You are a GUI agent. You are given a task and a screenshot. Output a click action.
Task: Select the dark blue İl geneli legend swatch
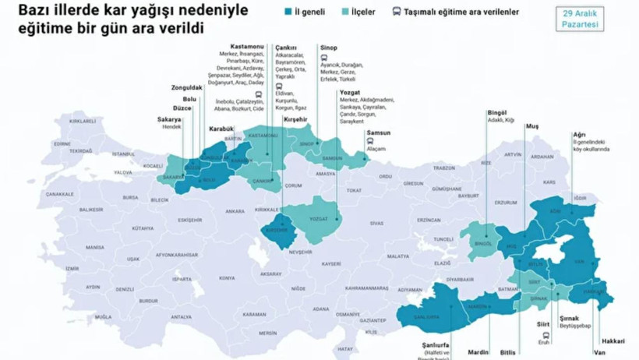[x=288, y=12]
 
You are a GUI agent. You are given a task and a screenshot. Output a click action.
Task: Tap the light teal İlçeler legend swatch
[x=345, y=12]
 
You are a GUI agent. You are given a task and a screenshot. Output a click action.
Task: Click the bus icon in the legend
[x=397, y=12]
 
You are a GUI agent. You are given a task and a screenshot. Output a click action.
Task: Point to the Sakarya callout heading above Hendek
[x=169, y=119]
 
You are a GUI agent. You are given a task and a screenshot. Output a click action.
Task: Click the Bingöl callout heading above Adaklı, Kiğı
[x=496, y=113]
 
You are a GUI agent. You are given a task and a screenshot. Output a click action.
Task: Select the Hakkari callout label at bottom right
[x=613, y=341]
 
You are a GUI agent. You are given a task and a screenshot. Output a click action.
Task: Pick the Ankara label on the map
[x=235, y=211]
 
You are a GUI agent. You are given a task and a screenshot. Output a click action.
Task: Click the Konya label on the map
[x=227, y=277]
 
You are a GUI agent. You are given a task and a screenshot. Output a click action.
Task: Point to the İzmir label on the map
[x=72, y=268]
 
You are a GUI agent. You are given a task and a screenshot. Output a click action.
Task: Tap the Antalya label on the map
[x=181, y=316]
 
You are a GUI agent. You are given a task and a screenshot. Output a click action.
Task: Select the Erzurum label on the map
[x=506, y=203]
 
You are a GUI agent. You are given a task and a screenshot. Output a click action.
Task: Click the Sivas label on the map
[x=377, y=223]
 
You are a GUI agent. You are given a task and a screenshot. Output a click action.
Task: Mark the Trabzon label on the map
[x=443, y=167]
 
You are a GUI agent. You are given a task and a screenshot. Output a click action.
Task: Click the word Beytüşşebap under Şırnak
[x=576, y=326]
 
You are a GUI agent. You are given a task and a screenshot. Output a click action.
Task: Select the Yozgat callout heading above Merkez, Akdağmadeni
[x=350, y=93]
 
